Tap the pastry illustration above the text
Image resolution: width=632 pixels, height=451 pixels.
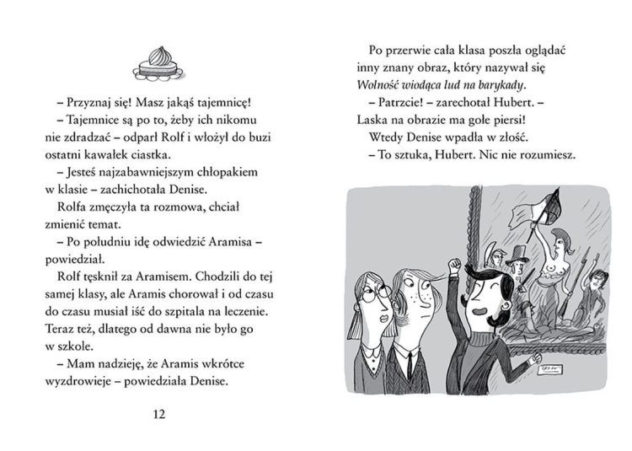point(158,63)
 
